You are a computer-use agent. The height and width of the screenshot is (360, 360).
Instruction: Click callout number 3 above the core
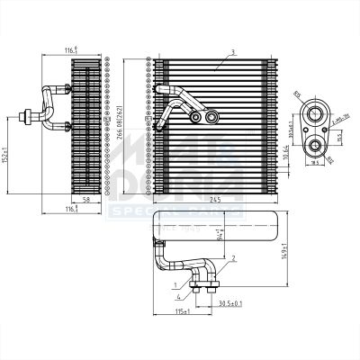point(232,51)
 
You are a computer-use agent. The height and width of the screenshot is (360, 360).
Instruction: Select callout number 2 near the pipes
point(233,258)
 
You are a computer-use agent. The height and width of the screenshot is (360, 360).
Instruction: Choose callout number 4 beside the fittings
point(179,296)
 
